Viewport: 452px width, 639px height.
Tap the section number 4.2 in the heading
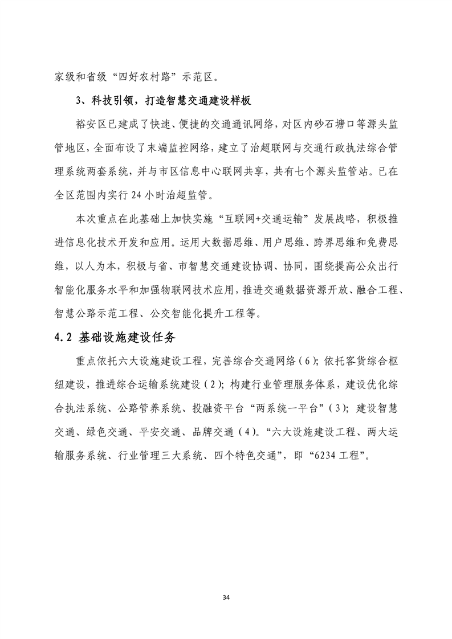61,335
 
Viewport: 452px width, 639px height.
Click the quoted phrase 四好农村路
141,75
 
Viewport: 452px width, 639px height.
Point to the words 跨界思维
328,242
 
